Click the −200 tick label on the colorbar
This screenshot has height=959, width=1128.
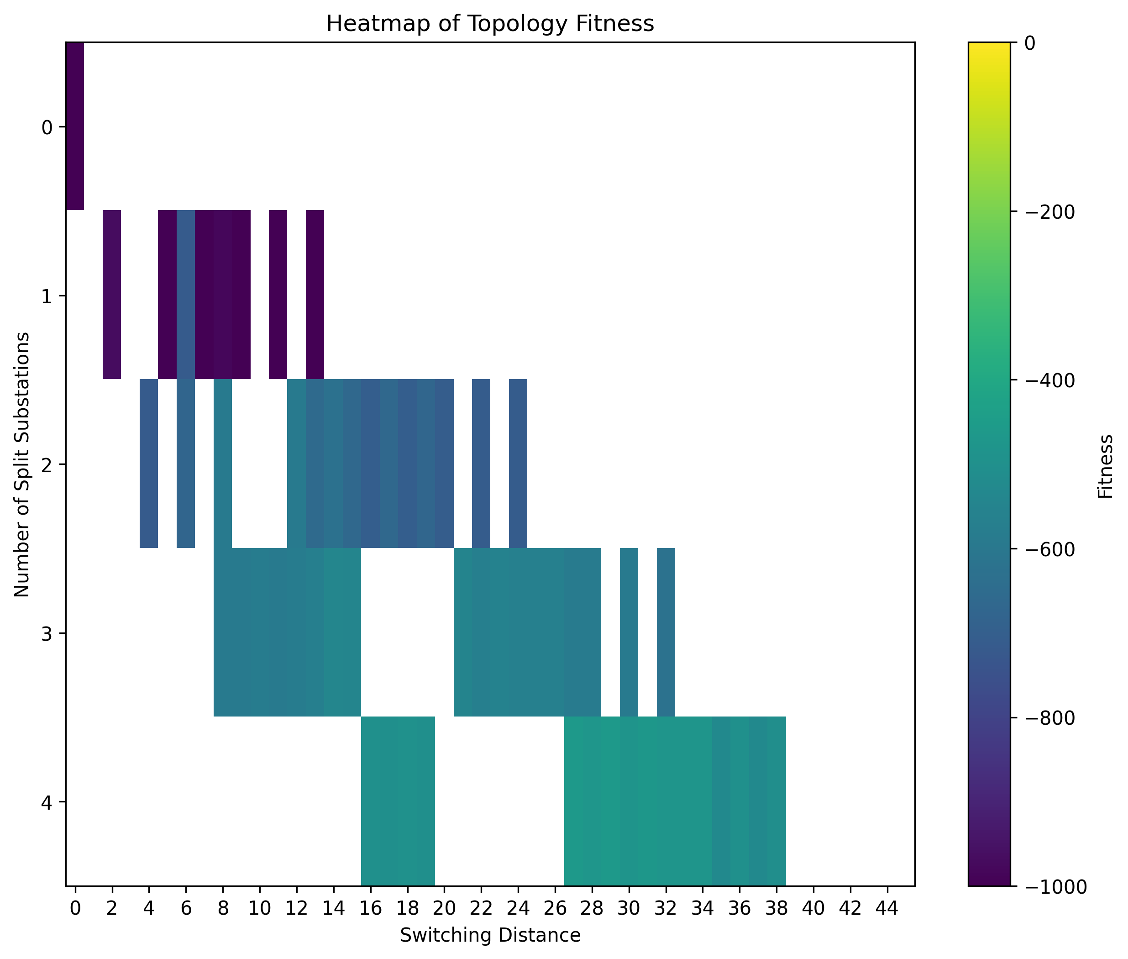(1049, 212)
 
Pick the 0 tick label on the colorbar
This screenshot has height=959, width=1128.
(1030, 43)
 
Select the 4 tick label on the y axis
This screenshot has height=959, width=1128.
(47, 802)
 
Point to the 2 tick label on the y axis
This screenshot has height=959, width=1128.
(47, 464)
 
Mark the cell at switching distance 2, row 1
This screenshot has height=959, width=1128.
(112, 294)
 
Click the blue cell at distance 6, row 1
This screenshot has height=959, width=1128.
(186, 294)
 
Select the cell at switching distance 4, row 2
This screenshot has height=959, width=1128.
(149, 463)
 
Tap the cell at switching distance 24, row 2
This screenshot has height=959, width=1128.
(518, 463)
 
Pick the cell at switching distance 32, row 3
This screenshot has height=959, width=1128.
(666, 632)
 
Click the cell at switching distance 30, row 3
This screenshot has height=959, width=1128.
(629, 632)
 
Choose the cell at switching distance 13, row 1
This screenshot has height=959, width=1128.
(315, 294)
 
